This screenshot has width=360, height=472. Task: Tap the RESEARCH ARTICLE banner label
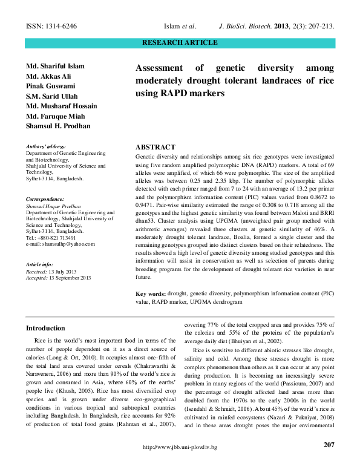point(180,42)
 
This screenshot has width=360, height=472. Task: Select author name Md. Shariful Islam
point(55,65)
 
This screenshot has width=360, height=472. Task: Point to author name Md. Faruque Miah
point(55,116)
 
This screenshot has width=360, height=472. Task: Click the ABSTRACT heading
point(155,147)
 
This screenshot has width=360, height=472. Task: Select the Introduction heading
point(45,328)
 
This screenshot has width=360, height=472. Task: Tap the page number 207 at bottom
point(329,445)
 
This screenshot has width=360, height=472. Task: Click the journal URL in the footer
point(179,464)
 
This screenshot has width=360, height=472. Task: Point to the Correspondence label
point(44,199)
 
